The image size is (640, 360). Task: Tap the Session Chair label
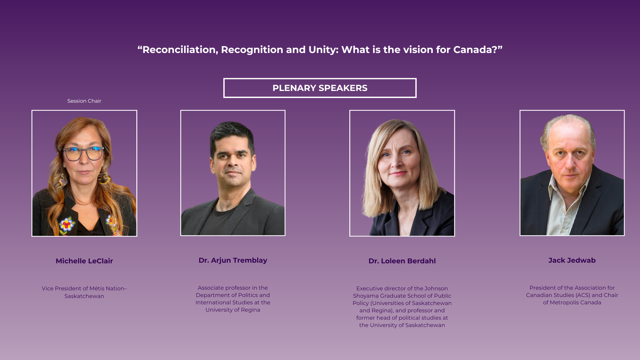[84, 101]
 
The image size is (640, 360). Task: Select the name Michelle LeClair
[84, 261]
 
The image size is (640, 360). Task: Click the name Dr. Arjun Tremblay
[233, 260]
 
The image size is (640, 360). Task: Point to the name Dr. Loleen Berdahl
[402, 261]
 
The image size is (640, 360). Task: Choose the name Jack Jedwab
[572, 260]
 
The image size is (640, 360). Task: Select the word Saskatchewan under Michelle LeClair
[84, 296]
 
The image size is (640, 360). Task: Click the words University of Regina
[233, 310]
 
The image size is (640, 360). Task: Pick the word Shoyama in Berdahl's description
[366, 296]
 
